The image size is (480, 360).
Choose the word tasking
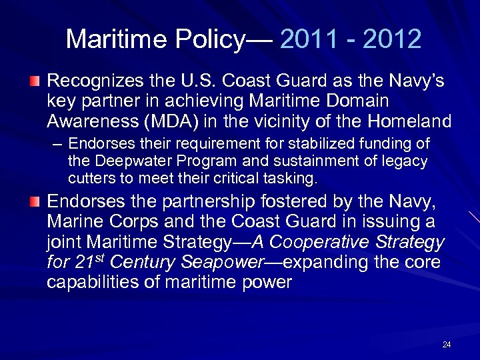click(292, 179)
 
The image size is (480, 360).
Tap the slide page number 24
click(447, 345)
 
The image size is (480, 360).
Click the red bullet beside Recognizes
click(37, 82)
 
